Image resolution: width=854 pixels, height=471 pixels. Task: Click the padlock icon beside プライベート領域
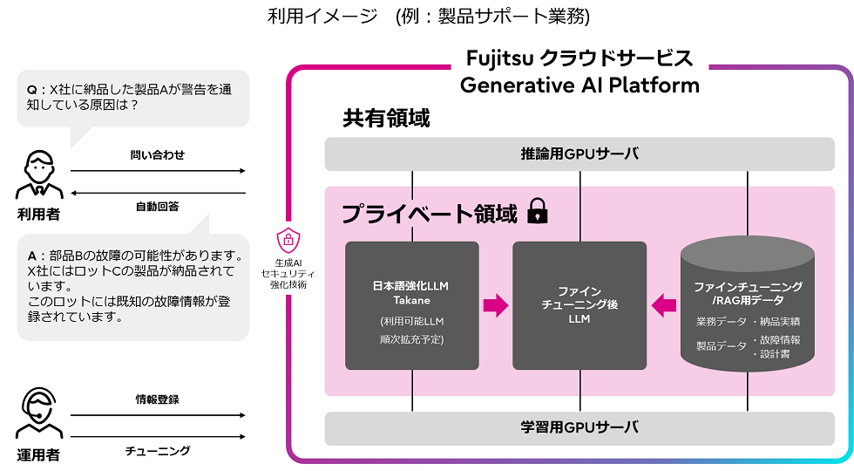tap(538, 212)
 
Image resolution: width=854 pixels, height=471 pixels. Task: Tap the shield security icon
tap(288, 239)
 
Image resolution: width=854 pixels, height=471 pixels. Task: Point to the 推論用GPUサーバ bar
tap(579, 154)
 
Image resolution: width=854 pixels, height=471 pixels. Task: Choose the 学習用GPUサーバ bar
tap(579, 427)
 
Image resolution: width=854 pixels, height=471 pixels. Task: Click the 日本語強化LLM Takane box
tap(412, 305)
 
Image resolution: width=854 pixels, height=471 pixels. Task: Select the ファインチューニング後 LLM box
tap(579, 305)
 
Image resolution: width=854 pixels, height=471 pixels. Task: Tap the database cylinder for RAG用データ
tap(748, 305)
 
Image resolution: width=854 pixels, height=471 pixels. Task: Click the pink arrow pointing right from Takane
tap(496, 305)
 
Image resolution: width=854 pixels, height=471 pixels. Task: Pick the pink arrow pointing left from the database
tap(664, 305)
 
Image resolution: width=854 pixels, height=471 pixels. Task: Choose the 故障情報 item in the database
tap(780, 340)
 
